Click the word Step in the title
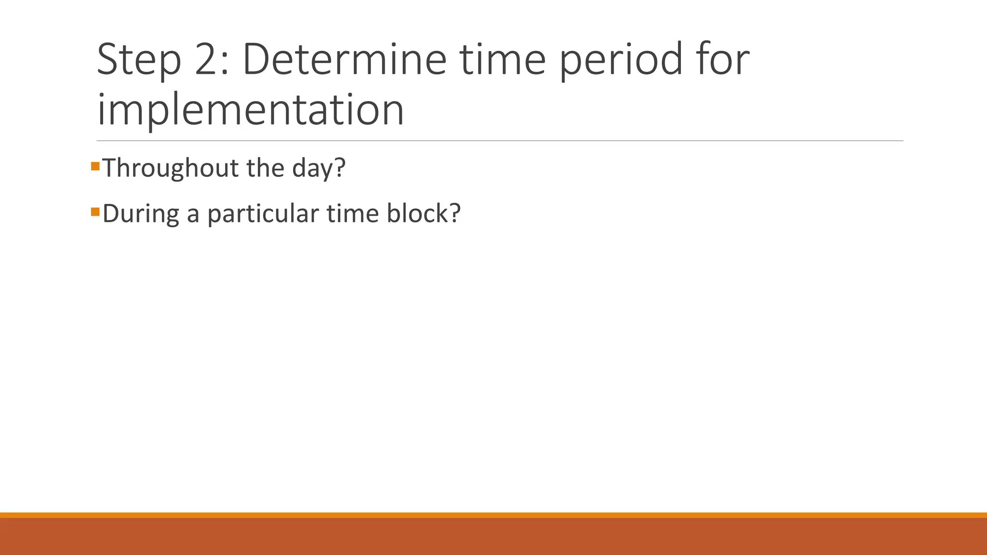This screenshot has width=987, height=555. pyautogui.click(x=139, y=60)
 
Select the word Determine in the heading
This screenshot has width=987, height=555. pyautogui.click(x=344, y=60)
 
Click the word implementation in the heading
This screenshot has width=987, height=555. pyautogui.click(x=250, y=110)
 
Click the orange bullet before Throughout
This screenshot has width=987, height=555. pyautogui.click(x=95, y=166)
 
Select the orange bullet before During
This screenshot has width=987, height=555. pyautogui.click(x=95, y=211)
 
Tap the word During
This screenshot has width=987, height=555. pyautogui.click(x=141, y=213)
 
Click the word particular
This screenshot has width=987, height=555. pyautogui.click(x=263, y=213)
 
